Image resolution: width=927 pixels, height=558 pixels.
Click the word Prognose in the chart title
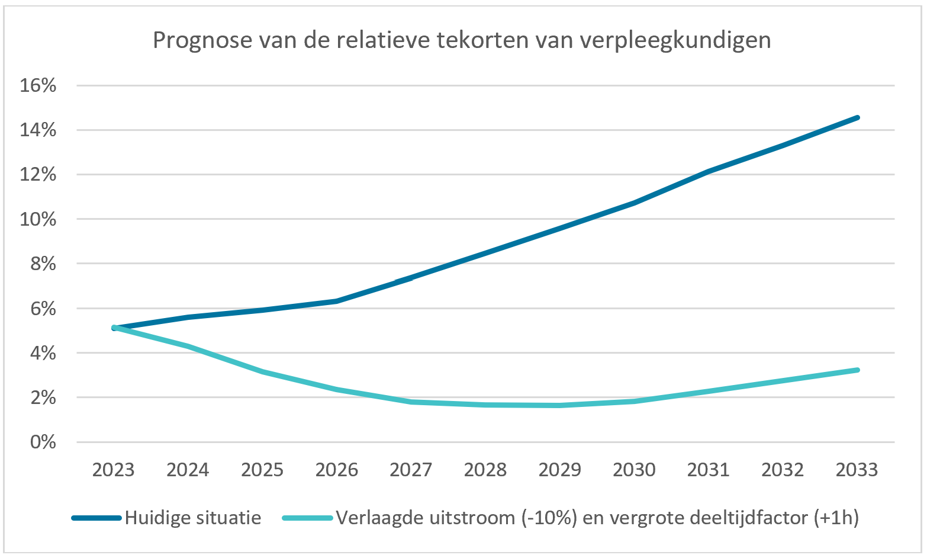(202, 41)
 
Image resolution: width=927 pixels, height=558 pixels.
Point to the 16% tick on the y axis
(38, 85)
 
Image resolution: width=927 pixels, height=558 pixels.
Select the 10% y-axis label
(38, 219)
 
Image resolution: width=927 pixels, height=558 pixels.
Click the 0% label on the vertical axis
(43, 442)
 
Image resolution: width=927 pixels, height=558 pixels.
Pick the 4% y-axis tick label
(43, 353)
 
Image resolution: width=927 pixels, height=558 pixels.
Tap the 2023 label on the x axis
(114, 470)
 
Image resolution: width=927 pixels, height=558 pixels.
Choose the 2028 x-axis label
(485, 470)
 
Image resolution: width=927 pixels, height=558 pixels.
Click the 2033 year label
(857, 470)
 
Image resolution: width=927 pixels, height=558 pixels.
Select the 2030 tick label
(634, 470)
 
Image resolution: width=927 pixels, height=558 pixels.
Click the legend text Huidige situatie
(193, 518)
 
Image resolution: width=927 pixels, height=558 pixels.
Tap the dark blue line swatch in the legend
(96, 518)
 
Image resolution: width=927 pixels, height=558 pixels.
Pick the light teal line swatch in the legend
(307, 518)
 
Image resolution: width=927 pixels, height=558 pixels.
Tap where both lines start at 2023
(114, 328)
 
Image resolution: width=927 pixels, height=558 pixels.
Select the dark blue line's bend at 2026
(336, 301)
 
